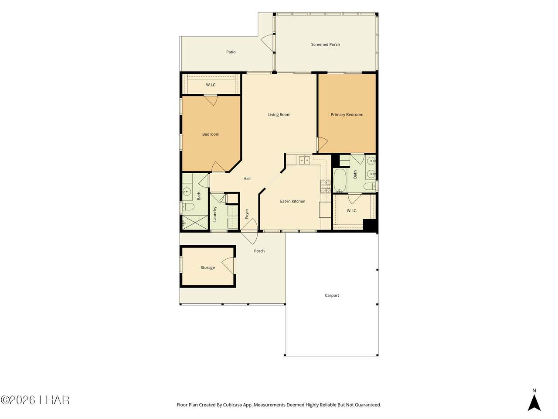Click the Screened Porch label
[325, 44]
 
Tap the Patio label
[231, 52]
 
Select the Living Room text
[279, 114]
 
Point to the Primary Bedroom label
[347, 114]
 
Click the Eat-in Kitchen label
[293, 201]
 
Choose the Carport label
[332, 295]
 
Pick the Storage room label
[208, 268]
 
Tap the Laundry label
[214, 214]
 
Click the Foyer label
[247, 214]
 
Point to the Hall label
[247, 179]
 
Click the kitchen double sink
[304, 160]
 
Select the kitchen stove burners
[325, 186]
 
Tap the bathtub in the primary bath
[340, 181]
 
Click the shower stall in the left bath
[195, 222]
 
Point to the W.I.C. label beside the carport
[352, 211]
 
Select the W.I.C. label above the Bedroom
[211, 85]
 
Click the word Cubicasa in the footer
[233, 405]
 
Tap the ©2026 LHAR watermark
[35, 400]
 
